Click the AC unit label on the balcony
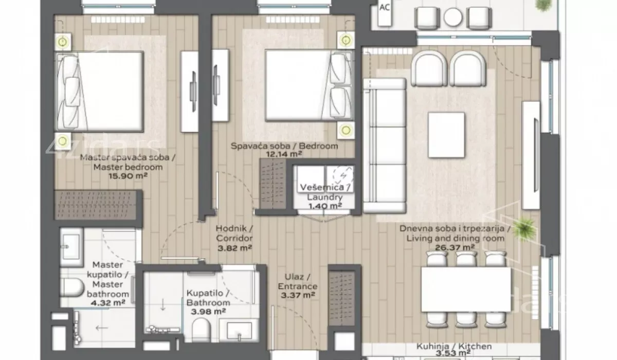tap(385, 7)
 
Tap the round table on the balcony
tap(453, 17)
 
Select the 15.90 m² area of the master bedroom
tap(128, 176)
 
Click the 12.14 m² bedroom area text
tap(284, 154)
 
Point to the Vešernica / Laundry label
tap(325, 192)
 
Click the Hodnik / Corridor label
tap(234, 233)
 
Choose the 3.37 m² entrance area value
tap(298, 296)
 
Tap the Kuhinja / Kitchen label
tap(454, 346)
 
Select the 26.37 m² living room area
tap(455, 247)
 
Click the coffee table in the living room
tap(446, 135)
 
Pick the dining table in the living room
tap(466, 289)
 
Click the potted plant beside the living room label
tap(524, 229)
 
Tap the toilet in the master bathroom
tap(72, 288)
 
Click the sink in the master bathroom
tap(71, 247)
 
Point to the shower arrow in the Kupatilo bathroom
tap(163, 304)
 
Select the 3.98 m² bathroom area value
tap(209, 312)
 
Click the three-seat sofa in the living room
tap(385, 146)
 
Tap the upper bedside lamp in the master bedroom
tap(63, 42)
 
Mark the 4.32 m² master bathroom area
tap(108, 303)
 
